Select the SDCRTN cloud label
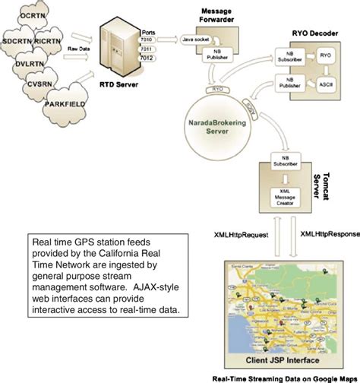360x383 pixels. pos(21,38)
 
